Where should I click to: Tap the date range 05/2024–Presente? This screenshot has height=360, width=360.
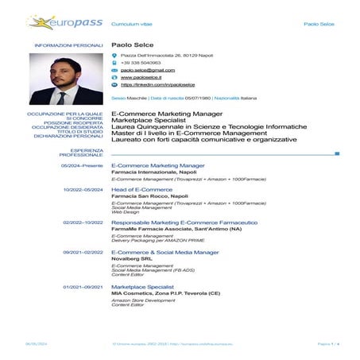click(x=83, y=165)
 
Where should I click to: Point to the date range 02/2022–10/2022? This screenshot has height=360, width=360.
click(x=83, y=223)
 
